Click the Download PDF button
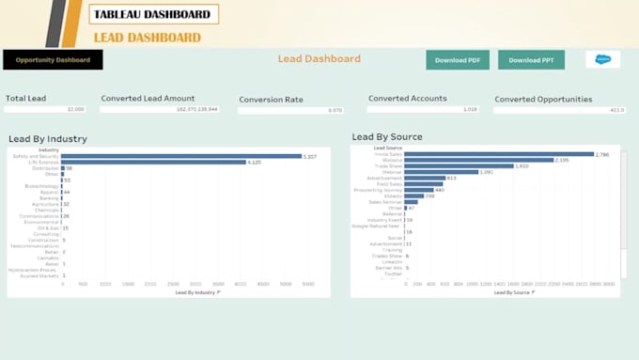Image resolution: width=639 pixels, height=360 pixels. click(458, 60)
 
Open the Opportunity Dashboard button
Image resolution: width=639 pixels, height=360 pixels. click(53, 60)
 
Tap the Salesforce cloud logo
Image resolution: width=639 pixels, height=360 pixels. click(602, 59)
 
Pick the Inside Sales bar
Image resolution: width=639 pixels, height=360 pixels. click(499, 154)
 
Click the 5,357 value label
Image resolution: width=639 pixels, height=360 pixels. click(309, 156)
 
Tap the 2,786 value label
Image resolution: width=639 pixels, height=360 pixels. click(603, 154)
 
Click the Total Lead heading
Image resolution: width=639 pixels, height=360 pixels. click(25, 98)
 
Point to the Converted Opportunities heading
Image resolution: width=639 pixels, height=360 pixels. click(543, 99)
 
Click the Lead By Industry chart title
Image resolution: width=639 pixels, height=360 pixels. click(48, 139)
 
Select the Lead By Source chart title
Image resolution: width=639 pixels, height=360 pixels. click(387, 137)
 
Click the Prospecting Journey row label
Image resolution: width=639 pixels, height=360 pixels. click(381, 190)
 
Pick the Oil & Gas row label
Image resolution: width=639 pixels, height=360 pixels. click(48, 227)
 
